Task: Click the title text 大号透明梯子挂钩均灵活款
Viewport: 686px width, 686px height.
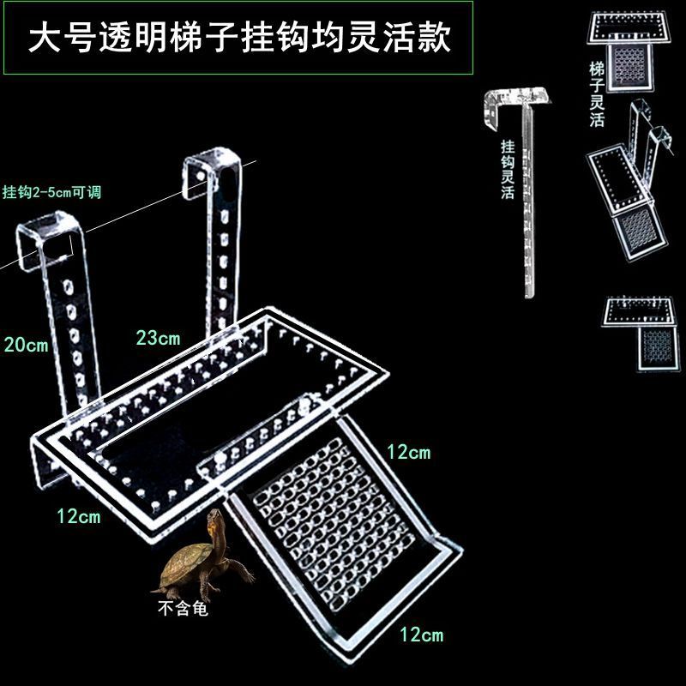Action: (x=239, y=38)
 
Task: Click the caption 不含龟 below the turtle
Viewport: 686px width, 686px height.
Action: (x=183, y=608)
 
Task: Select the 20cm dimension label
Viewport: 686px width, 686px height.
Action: (x=26, y=345)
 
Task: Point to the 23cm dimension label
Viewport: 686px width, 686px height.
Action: (x=158, y=338)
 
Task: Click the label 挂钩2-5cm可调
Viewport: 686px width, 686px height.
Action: (x=51, y=192)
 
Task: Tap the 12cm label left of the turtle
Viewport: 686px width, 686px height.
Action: (x=79, y=516)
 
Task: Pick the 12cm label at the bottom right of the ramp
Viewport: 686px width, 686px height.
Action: (x=422, y=635)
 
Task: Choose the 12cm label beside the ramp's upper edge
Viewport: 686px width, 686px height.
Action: (x=409, y=452)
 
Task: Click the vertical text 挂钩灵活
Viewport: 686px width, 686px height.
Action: (x=508, y=170)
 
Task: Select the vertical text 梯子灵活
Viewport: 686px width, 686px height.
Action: (x=597, y=94)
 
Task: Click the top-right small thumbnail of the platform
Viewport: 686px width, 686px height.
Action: (x=629, y=51)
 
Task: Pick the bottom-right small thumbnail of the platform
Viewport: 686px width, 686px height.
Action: (x=641, y=334)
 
